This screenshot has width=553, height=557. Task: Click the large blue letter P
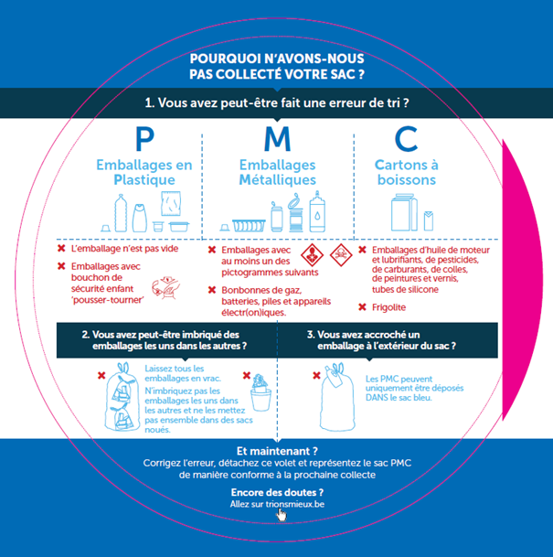click(144, 139)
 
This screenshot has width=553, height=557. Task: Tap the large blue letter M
click(276, 139)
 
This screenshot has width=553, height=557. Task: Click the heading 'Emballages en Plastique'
click(144, 173)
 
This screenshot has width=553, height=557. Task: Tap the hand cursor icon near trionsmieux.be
click(282, 515)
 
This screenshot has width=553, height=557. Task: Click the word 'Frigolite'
click(389, 307)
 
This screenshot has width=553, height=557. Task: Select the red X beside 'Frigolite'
click(363, 307)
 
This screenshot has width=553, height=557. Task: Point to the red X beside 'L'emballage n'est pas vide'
click(61, 249)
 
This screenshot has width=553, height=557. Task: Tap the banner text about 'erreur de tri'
click(276, 103)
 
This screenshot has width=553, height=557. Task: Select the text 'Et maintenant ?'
click(276, 451)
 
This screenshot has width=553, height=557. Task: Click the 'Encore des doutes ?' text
click(276, 492)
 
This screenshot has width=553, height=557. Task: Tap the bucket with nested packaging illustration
click(261, 393)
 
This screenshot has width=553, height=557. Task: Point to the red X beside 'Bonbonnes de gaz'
click(212, 291)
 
